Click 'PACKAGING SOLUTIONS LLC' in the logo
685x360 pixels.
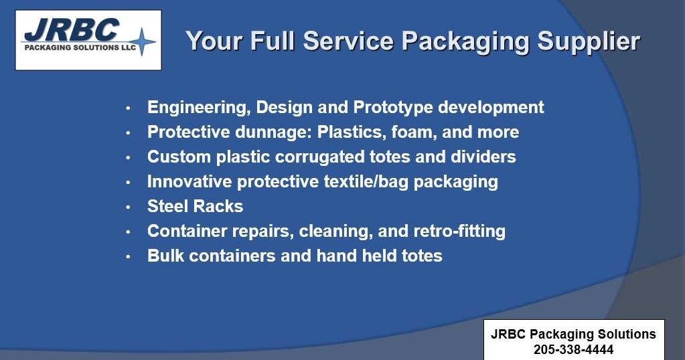(79, 48)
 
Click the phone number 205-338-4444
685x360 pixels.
(573, 349)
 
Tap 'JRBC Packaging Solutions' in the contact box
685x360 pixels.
(573, 334)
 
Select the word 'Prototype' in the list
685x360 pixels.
(394, 107)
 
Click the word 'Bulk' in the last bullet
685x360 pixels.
(165, 256)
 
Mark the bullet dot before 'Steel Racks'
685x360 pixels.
(128, 207)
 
